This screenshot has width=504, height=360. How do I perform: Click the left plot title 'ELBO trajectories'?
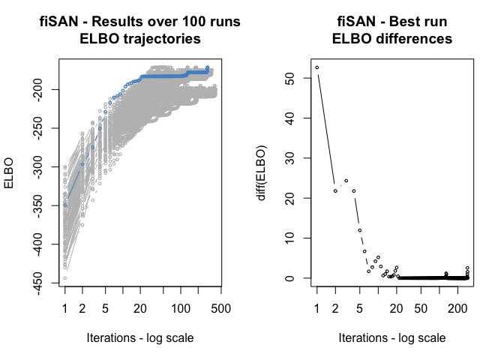pos(140,39)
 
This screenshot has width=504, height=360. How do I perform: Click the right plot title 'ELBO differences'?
pos(392,39)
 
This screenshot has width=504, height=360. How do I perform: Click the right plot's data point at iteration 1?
pos(317,67)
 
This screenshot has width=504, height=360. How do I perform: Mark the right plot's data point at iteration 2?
pos(335,191)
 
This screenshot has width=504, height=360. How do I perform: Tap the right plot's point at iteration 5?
pos(359,230)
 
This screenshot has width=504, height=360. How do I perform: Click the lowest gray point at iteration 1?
pos(65,278)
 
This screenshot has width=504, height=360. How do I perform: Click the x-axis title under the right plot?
pos(392,337)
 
